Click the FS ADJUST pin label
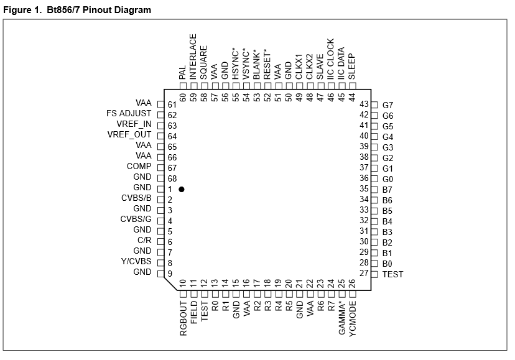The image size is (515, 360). [129, 114]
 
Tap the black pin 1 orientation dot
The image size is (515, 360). [181, 188]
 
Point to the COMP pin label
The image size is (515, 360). [139, 167]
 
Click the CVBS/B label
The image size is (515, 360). [136, 198]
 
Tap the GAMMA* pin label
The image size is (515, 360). [342, 318]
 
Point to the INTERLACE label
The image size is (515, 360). [193, 57]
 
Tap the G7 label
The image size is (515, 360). [388, 105]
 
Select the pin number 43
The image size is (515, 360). [364, 104]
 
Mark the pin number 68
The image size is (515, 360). [172, 178]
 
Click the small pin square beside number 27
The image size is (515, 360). [374, 274]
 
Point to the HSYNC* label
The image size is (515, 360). [236, 63]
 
